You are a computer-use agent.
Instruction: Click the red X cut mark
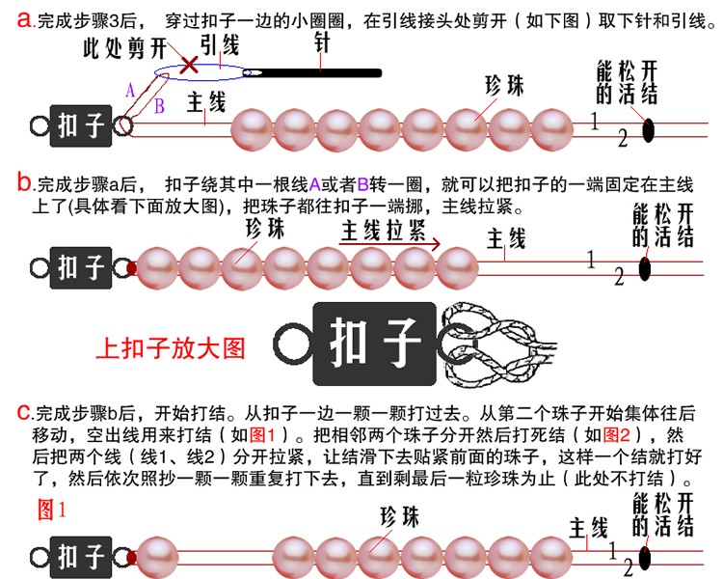tap(191, 65)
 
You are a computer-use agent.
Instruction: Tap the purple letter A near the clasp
tap(130, 89)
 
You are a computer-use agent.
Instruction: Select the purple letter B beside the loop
tap(160, 105)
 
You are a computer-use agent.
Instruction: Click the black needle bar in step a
tap(318, 72)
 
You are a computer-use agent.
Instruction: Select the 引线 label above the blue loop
tap(221, 43)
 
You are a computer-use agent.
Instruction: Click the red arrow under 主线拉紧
tap(391, 246)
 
